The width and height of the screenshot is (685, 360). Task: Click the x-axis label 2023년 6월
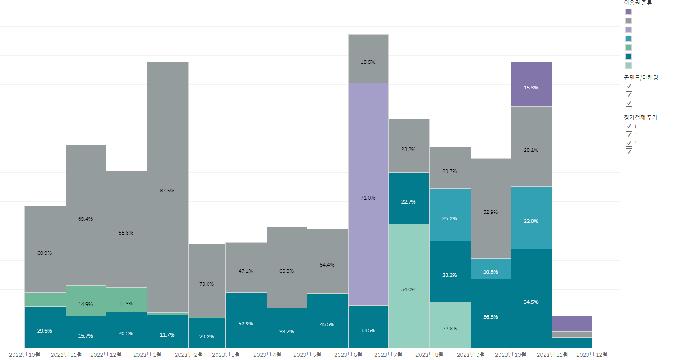348,355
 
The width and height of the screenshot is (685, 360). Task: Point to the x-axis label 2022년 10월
25,355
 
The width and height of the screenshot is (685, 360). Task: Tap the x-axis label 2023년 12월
592,355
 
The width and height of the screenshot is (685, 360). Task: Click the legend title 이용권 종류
638,3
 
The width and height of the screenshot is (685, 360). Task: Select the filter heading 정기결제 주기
640,117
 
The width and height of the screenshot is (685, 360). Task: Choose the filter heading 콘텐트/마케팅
641,77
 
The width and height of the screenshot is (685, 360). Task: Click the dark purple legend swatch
628,12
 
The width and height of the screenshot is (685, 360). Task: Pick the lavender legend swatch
628,30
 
